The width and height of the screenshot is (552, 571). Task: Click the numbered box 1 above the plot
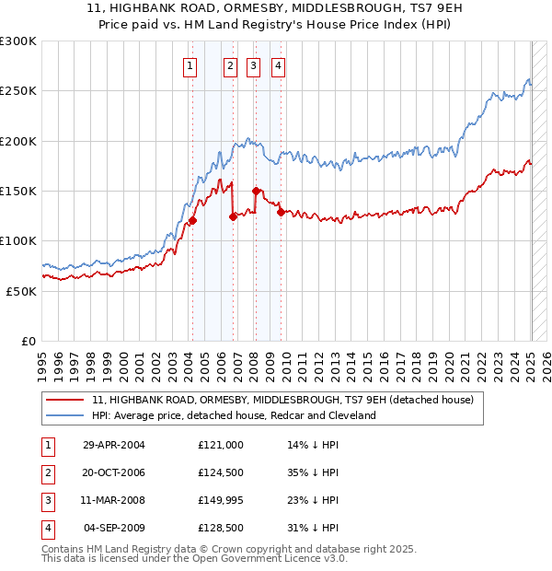(190, 65)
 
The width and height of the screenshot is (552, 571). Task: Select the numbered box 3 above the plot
(253, 65)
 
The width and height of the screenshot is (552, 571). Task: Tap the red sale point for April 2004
(192, 221)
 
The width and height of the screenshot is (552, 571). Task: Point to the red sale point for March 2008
(256, 192)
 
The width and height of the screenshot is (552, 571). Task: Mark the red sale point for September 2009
(281, 213)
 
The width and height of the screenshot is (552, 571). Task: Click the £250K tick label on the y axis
(18, 91)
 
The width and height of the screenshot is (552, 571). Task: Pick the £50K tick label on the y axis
(21, 290)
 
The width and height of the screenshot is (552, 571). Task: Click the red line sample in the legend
(65, 401)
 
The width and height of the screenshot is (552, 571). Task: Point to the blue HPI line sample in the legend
(65, 416)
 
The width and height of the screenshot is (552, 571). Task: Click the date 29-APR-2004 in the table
(113, 445)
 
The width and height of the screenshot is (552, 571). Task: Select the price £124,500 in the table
(220, 472)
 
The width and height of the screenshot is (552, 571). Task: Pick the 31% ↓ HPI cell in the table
(313, 529)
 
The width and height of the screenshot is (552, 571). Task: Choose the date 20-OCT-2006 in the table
(113, 472)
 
